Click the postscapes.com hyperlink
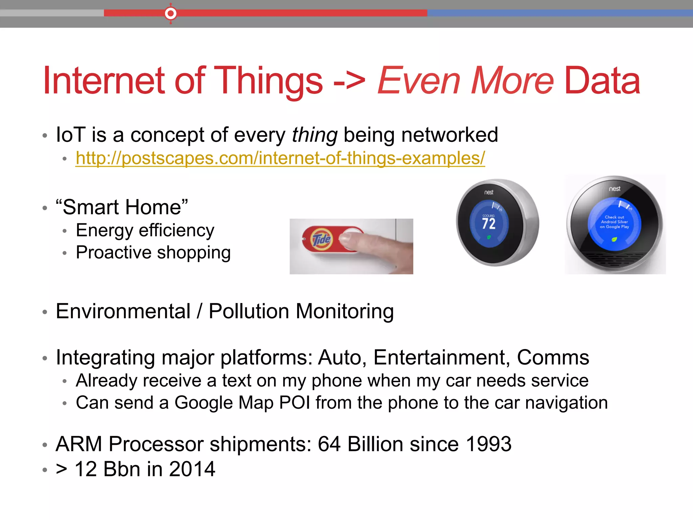280,158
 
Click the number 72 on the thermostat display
489,223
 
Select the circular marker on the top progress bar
171,14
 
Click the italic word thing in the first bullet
314,135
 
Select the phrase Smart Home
122,207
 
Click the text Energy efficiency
145,231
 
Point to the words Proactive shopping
153,253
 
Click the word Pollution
249,311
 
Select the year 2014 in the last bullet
192,469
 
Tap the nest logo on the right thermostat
614,189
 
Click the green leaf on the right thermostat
614,240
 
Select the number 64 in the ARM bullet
329,444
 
